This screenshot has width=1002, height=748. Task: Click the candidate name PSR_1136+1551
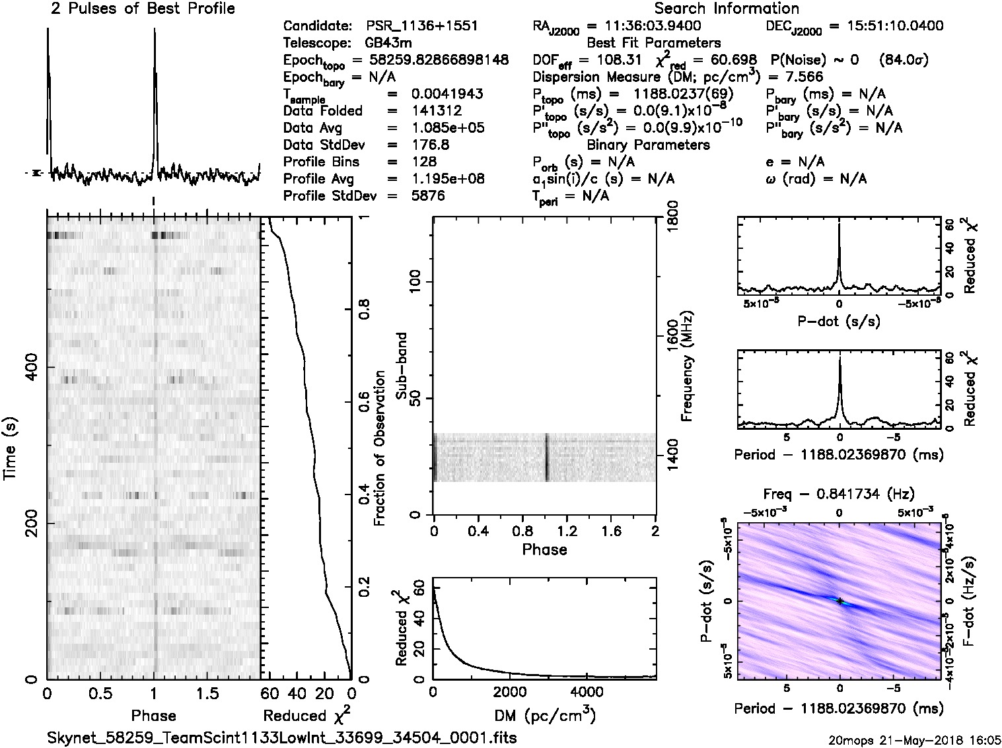(x=421, y=26)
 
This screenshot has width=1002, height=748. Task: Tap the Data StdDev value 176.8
(x=429, y=145)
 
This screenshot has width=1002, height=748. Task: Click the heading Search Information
(x=727, y=9)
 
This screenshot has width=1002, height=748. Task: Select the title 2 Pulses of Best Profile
(x=143, y=9)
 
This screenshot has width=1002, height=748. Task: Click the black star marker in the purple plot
(x=840, y=601)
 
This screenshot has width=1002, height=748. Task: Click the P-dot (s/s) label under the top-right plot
(x=839, y=322)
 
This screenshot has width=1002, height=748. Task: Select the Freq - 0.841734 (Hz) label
(x=839, y=494)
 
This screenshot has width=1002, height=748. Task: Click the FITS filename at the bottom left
(x=281, y=737)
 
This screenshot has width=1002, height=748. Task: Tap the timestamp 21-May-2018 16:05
(x=937, y=740)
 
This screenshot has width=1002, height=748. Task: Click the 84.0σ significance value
(x=904, y=60)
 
